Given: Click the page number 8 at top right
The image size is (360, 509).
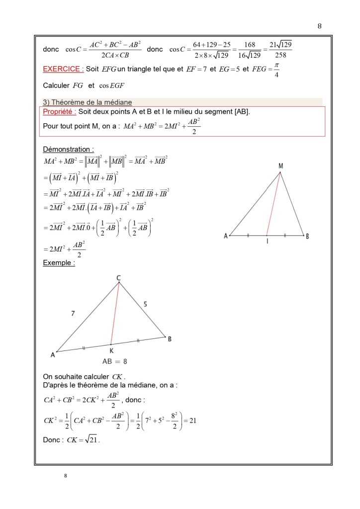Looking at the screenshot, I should click(319, 26).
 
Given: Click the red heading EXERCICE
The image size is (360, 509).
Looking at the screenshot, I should click(62, 69).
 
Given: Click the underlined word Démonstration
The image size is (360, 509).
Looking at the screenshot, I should click(68, 149).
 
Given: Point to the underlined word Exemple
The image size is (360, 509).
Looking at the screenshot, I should click(59, 263).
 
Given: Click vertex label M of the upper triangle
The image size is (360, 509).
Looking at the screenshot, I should click(281, 166).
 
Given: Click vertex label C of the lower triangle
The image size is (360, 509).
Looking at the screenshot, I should click(118, 279).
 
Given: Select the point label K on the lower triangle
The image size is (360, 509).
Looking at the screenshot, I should click(111, 351).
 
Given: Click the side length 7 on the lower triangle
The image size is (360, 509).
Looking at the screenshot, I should click(73, 313).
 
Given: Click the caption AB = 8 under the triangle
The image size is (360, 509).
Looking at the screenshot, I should click(114, 361).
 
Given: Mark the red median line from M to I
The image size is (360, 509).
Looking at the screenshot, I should click(274, 204).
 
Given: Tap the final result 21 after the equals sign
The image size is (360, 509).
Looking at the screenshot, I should click(193, 421).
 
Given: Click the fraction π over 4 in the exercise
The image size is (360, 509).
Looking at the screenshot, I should click(276, 70).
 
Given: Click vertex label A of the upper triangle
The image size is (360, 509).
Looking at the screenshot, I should click(225, 237).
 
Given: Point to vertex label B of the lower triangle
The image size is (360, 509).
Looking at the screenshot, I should click(170, 339).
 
